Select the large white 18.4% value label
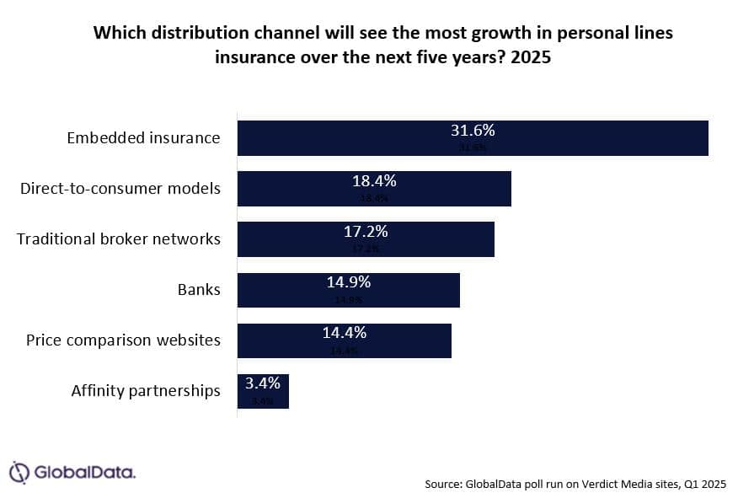[x=374, y=182]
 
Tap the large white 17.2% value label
[x=366, y=233]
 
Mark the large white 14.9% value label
[x=349, y=283]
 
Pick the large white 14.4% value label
[x=345, y=334]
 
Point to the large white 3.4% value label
[x=263, y=384]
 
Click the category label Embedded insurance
[x=143, y=138]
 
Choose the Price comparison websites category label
[x=123, y=340]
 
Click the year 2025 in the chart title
[x=532, y=60]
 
